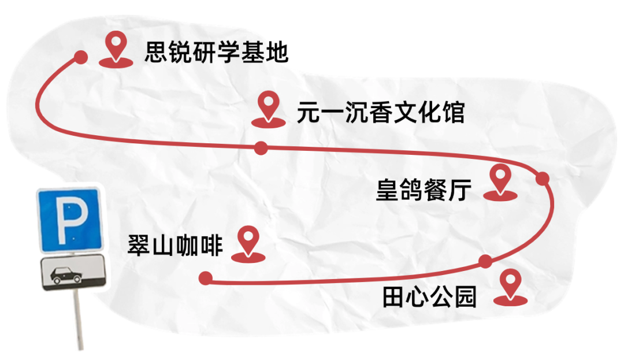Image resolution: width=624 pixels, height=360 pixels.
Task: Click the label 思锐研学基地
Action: [216, 52]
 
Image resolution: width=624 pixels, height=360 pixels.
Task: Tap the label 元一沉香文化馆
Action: [381, 112]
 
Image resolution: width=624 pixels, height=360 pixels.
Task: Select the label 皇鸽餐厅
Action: [424, 190]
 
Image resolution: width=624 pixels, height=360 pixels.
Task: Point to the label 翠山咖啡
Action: [175, 245]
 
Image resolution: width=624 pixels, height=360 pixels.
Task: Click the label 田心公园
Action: [429, 297]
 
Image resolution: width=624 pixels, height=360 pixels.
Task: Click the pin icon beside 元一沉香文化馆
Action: [269, 109]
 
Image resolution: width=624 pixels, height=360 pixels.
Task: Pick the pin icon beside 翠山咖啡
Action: [248, 244]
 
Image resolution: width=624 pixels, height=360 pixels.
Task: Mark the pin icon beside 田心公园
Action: [511, 287]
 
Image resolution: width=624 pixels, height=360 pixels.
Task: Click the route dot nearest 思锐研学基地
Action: [81, 57]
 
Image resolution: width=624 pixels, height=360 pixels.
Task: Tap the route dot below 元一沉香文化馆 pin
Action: [261, 148]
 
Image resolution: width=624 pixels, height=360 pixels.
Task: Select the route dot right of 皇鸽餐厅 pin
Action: [543, 179]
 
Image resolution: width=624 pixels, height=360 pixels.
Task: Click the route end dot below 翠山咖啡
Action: [205, 278]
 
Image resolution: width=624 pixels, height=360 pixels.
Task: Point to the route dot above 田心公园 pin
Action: [485, 261]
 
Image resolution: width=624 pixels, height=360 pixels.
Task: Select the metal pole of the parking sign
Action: [79, 320]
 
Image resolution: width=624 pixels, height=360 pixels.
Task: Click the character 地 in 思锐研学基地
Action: [277, 52]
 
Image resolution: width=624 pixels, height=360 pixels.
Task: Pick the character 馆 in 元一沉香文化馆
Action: [454, 112]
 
